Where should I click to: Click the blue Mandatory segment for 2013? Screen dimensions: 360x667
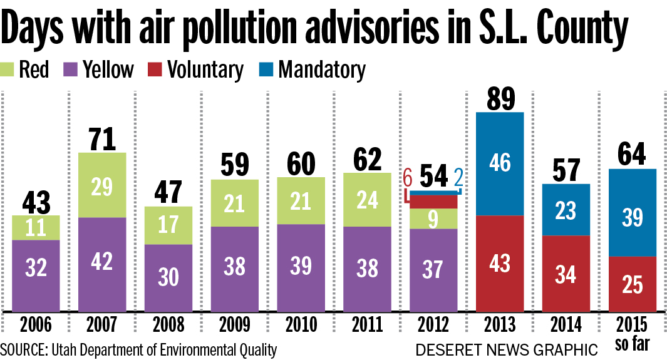[x=499, y=163]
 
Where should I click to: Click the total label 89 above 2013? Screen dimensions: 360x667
[x=499, y=98]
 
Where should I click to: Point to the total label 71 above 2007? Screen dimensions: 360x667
[x=102, y=139]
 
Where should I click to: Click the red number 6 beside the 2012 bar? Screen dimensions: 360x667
[x=407, y=178]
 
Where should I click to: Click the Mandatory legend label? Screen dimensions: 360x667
[x=321, y=69]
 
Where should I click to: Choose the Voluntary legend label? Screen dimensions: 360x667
[x=205, y=69]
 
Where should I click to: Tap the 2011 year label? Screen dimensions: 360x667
[x=367, y=326]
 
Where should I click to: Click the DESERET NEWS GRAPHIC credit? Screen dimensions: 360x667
[x=506, y=349]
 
